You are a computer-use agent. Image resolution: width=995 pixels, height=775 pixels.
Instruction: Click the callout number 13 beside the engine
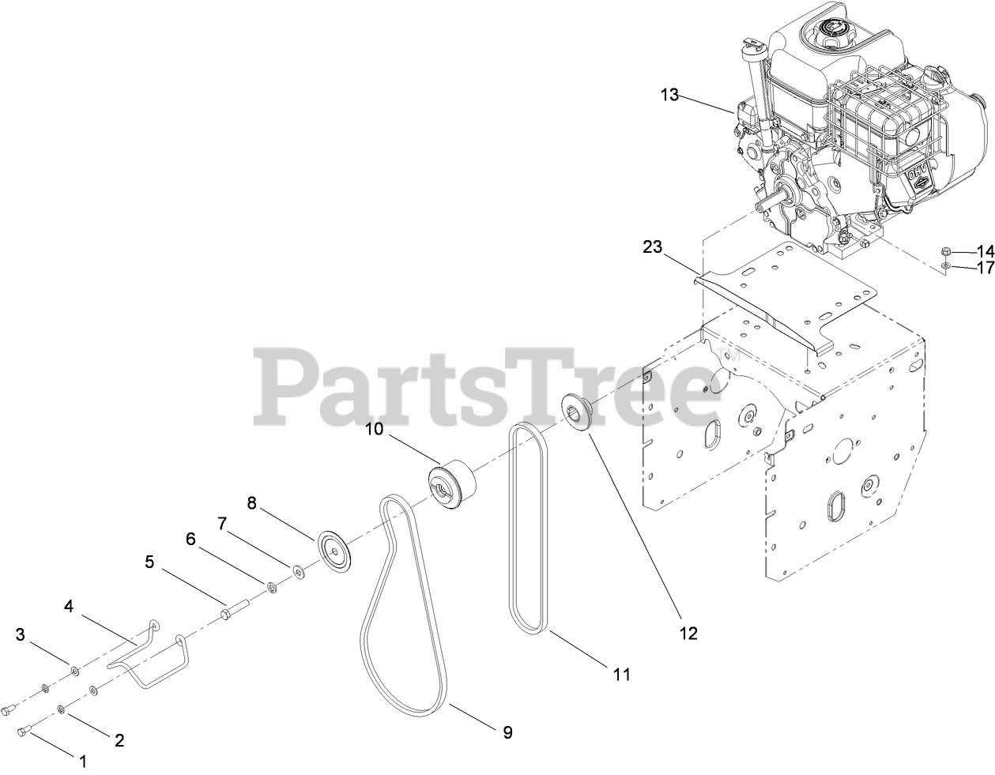click(x=669, y=95)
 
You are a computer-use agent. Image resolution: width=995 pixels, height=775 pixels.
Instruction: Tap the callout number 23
click(x=652, y=246)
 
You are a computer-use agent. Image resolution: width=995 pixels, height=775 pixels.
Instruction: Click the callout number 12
click(x=689, y=632)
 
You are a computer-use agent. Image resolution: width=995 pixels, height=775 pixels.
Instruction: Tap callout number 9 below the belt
click(x=507, y=732)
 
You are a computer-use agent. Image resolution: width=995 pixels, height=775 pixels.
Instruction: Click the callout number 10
click(x=374, y=429)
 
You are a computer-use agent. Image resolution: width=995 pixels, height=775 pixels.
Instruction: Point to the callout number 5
click(x=149, y=562)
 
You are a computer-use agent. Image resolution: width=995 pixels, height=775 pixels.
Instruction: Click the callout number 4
click(x=69, y=606)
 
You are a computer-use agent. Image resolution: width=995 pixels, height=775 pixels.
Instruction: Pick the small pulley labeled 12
click(x=581, y=411)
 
